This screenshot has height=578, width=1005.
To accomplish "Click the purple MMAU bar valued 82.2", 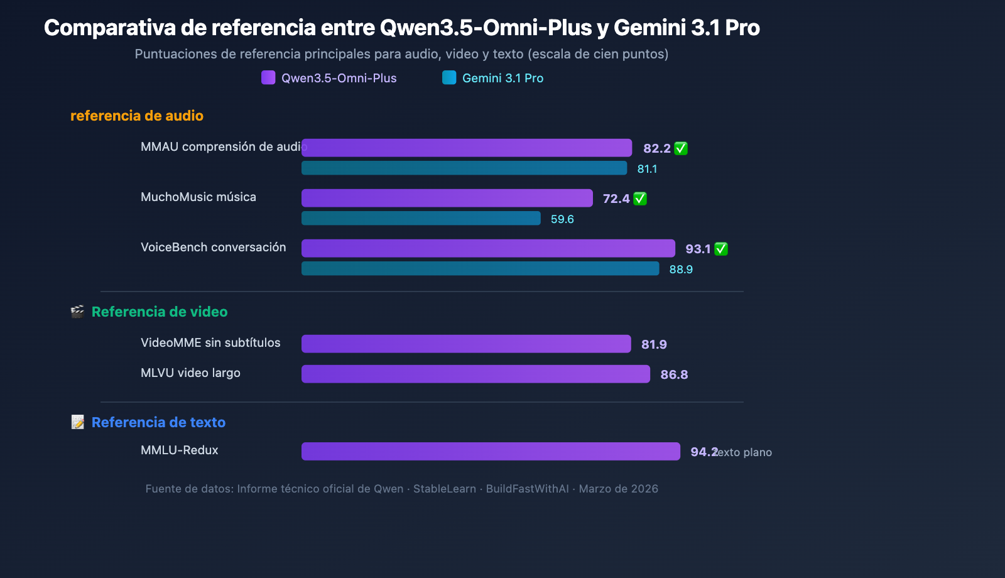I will point(466,148).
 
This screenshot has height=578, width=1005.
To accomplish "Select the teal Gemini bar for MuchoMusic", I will point(421,218).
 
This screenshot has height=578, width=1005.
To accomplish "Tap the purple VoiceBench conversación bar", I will point(488,248).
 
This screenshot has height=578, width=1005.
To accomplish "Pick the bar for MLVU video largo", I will point(475,374).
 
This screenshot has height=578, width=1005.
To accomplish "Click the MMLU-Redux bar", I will point(491,451).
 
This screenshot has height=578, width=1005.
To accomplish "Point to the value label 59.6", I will point(562,219).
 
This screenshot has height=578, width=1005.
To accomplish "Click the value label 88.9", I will point(681,270).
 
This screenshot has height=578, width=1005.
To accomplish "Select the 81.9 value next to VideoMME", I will point(654,344).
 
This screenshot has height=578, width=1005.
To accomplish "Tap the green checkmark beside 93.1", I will point(721,249).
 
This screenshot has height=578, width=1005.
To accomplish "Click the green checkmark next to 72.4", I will point(640,199).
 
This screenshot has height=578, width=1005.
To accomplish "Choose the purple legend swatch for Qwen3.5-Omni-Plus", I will point(268,78).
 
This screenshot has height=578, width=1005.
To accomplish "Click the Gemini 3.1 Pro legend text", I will point(503,78).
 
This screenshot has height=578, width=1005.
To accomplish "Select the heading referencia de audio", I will point(137,116).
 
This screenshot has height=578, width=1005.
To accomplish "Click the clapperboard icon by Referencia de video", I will point(77,312).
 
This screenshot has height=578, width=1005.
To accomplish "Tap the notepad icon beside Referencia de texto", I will point(77,422).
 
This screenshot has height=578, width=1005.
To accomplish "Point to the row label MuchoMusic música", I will point(198,197).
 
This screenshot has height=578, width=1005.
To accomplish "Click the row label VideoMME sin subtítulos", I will point(210,342).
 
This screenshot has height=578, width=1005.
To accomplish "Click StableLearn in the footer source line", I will point(444,489).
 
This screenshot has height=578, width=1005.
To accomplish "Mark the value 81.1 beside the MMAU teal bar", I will point(647,169).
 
